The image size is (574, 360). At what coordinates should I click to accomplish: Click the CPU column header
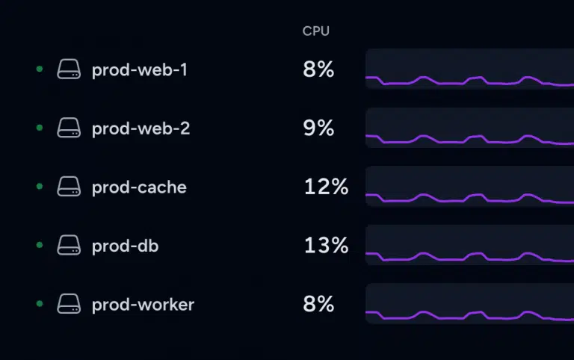(x=315, y=31)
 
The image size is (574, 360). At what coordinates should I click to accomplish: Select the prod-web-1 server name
(x=140, y=69)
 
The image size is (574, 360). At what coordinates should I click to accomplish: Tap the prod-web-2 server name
(x=141, y=128)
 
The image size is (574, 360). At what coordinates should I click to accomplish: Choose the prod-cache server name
(x=139, y=187)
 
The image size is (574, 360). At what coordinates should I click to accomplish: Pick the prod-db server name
(x=125, y=246)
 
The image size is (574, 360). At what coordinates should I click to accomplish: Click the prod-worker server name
(x=143, y=304)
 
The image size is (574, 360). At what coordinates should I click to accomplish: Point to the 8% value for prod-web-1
(x=318, y=69)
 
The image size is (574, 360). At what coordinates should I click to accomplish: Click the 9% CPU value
(x=318, y=128)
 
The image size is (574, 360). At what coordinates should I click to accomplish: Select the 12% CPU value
(x=326, y=187)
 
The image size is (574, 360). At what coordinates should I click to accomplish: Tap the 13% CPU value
(x=326, y=246)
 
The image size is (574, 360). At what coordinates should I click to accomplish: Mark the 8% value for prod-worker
(x=318, y=304)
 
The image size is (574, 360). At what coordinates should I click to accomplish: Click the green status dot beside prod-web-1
(x=40, y=69)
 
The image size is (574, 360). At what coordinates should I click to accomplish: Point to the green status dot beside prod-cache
(x=40, y=187)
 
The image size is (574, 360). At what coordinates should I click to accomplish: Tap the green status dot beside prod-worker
(x=40, y=304)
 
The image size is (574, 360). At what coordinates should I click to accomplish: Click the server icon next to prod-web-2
(x=69, y=128)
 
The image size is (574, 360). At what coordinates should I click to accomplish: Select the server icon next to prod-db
(x=69, y=246)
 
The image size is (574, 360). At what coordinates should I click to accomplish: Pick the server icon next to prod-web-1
(x=69, y=69)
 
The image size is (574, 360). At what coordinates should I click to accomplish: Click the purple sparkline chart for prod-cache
(x=469, y=187)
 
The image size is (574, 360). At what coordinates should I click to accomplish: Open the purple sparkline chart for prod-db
(x=469, y=246)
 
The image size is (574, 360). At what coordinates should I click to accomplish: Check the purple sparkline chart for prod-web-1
(x=469, y=69)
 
